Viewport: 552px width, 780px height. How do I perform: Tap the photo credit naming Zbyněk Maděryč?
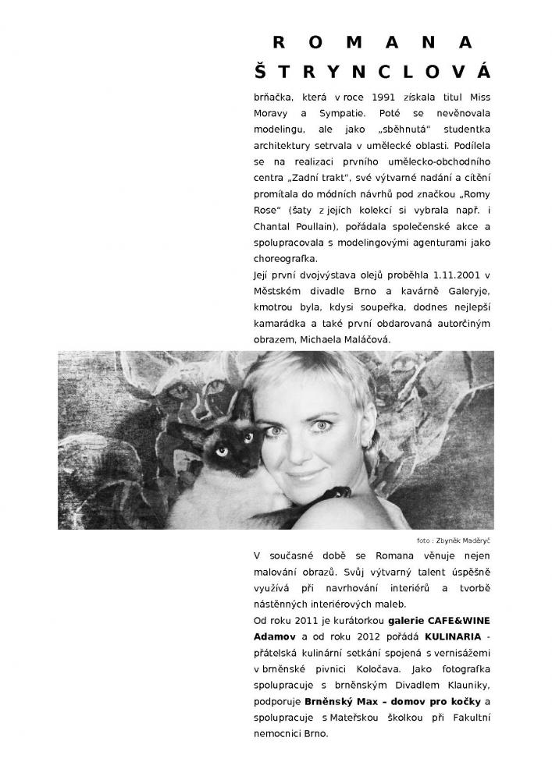(x=459, y=540)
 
